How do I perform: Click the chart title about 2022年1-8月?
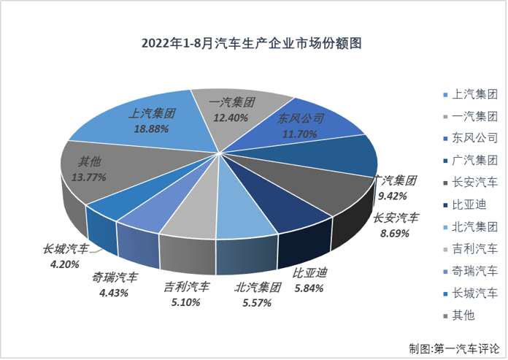tap(254, 43)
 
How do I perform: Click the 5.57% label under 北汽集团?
tap(255, 302)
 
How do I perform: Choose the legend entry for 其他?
tap(463, 315)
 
